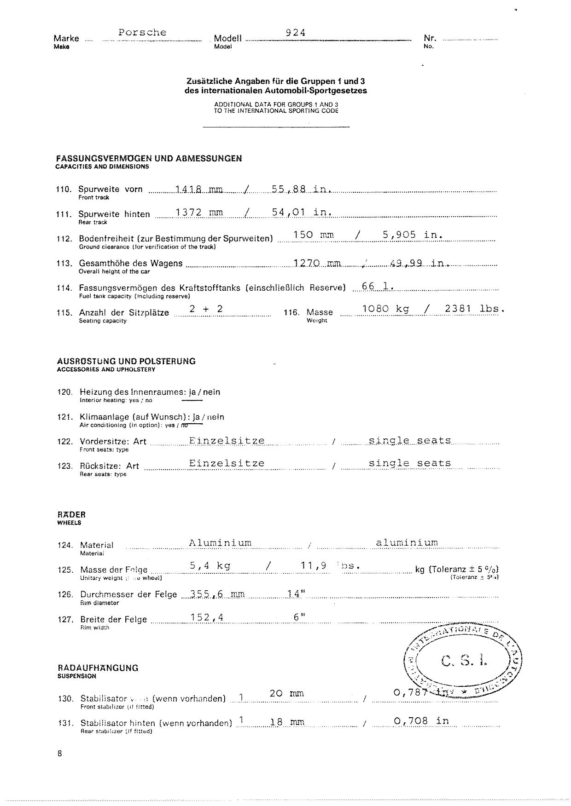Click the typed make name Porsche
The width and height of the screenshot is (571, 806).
coord(142,32)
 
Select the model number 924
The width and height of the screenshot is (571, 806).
coord(296,32)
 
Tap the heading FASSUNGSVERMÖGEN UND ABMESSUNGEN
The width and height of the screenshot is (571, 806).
coord(149,159)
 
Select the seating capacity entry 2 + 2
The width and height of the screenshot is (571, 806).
coord(206,309)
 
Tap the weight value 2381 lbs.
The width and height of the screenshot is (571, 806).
coord(474,309)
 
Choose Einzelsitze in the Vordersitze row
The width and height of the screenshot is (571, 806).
coord(227,441)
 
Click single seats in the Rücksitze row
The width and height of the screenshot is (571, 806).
coord(410,463)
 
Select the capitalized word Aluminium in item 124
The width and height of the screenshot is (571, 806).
coord(220,543)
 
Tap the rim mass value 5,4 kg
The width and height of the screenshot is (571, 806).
coord(210,565)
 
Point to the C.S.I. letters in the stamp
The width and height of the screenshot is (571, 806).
coord(464,661)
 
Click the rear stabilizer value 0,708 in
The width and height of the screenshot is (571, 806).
coord(421,721)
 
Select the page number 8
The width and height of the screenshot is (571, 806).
coord(60,754)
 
